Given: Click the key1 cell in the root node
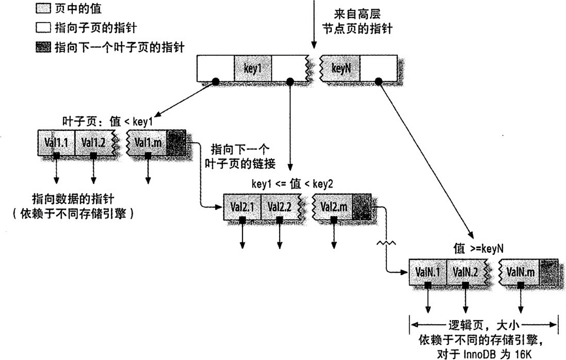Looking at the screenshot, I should [x=253, y=68].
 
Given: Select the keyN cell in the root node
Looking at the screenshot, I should [x=342, y=68].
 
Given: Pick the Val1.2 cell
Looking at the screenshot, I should [x=93, y=143].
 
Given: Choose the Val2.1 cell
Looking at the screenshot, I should [x=242, y=207].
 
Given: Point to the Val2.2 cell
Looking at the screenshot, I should [x=279, y=207].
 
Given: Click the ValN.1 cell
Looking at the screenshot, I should [x=428, y=272].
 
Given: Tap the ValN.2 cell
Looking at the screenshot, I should [x=465, y=272].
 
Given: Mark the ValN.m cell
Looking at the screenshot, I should [x=519, y=272].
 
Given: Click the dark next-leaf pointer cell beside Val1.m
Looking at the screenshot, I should [x=176, y=143].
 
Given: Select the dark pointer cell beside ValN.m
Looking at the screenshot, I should [x=548, y=272].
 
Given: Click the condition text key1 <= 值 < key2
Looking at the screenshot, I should [x=292, y=184].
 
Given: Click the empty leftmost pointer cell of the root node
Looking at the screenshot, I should [x=215, y=68].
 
